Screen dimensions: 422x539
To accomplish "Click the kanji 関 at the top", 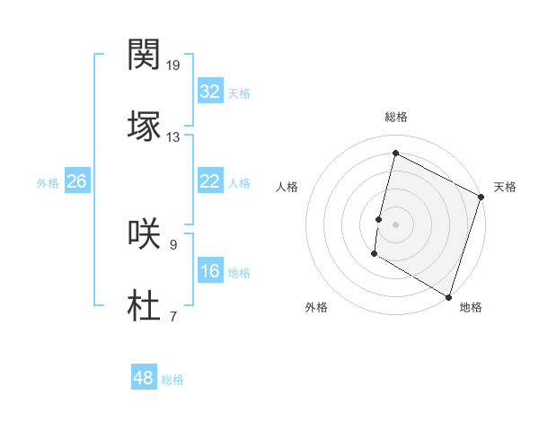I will tap(144, 56).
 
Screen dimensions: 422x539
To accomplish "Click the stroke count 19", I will tap(172, 66).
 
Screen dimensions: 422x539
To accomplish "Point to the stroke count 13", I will tap(172, 137).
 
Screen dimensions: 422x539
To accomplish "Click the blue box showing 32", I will tap(209, 92).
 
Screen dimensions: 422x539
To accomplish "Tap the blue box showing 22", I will tap(209, 181).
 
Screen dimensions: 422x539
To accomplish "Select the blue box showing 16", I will tap(209, 271).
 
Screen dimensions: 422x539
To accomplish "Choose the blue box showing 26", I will tap(76, 181).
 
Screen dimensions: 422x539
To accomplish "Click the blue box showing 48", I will tap(143, 378).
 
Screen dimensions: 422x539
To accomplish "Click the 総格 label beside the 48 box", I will tap(172, 380).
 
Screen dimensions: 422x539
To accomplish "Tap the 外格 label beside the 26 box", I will tap(48, 182).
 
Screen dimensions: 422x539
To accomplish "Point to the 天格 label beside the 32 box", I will tap(239, 92).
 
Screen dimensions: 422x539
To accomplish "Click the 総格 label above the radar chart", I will tap(396, 117).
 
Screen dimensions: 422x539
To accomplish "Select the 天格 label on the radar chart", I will tap(505, 187).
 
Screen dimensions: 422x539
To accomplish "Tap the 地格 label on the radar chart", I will tap(471, 308).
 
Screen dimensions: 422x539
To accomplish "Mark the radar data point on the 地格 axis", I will tap(448, 295).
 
